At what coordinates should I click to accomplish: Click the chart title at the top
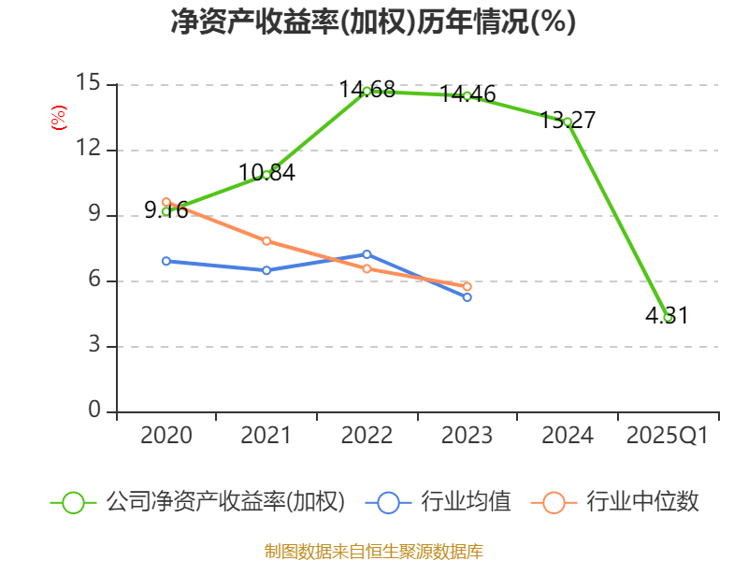373,22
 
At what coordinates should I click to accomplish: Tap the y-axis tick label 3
93,346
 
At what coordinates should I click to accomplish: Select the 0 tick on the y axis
93,411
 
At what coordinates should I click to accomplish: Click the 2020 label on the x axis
165,436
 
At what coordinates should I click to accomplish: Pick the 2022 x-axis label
367,436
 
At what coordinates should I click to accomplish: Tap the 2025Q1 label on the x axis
668,436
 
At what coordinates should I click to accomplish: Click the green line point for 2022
367,91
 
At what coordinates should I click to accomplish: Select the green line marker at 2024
568,122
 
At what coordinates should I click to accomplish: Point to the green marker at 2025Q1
668,317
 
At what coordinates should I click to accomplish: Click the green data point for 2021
266,175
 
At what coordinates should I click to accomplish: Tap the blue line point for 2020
165,261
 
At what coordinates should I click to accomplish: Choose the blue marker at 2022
367,254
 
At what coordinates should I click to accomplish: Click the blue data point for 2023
467,297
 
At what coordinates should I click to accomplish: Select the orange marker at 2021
266,241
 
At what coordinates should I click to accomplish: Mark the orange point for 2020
165,202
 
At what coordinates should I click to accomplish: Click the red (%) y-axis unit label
58,118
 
